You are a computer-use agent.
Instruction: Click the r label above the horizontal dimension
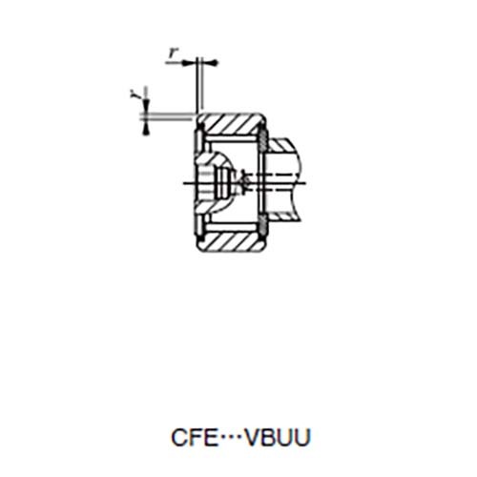[x=174, y=53]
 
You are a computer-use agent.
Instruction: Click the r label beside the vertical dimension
[x=134, y=93]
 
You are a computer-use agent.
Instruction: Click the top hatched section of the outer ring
[x=232, y=124]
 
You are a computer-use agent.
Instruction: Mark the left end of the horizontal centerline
[x=182, y=181]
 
